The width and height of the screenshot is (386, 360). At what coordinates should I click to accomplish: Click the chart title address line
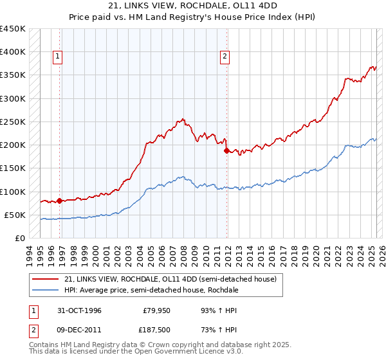tap(193, 6)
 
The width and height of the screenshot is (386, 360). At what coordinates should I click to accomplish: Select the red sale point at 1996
tap(60, 201)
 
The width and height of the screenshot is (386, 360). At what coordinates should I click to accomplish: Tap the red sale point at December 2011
tap(226, 150)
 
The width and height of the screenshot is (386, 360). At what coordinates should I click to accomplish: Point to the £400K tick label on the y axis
tap(13, 52)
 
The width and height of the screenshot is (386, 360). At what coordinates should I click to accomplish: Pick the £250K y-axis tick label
tap(13, 122)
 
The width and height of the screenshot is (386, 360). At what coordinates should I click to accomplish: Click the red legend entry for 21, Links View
tap(170, 279)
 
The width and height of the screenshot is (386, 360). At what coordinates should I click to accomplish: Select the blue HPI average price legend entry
tap(152, 290)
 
